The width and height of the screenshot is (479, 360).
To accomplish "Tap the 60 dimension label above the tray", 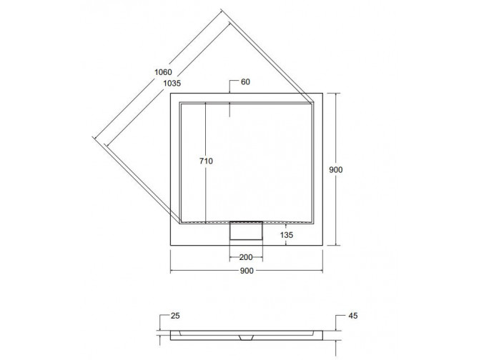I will [245, 82].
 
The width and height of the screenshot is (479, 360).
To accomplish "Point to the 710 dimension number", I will [206, 161].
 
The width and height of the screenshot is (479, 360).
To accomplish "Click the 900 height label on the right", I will [337, 170].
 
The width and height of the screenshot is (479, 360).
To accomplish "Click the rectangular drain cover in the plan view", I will [247, 231].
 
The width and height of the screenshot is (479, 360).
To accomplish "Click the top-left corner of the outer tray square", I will [170, 94].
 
